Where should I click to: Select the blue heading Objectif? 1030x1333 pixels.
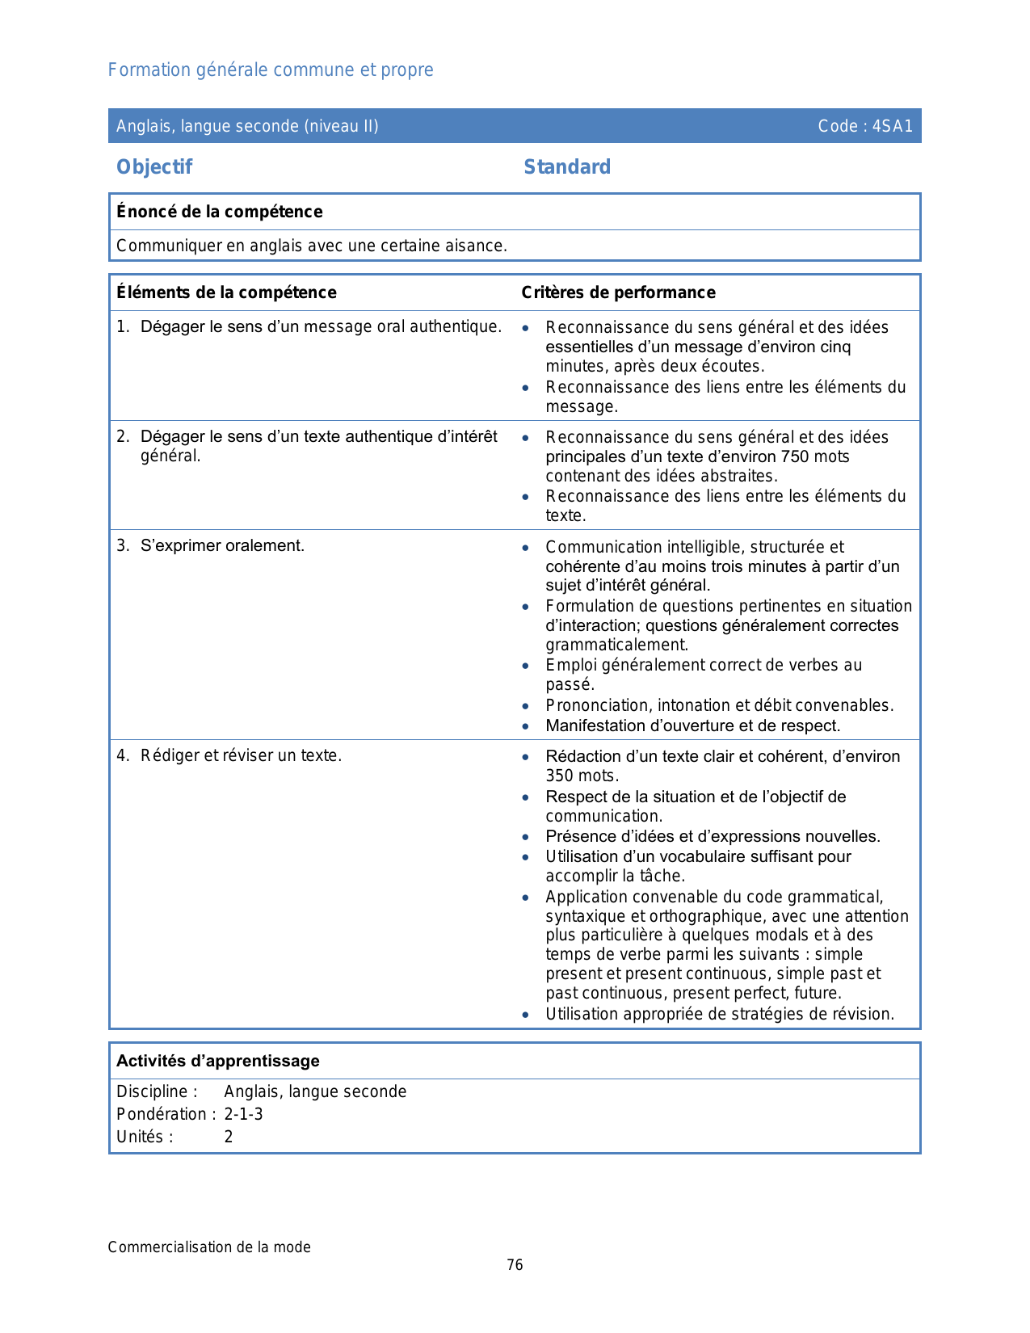coord(154,167)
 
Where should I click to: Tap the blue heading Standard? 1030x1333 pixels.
coord(567,167)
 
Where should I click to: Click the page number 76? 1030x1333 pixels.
coord(515,1265)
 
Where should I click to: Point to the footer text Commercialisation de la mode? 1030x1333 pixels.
coord(209,1247)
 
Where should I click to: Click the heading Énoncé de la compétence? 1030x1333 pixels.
coord(220,212)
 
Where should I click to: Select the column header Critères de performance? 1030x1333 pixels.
coord(618,292)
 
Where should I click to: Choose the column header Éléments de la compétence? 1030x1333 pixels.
coord(226,292)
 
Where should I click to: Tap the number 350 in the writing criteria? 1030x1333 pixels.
coord(559,776)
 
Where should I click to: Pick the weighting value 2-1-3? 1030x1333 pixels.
coord(243,1114)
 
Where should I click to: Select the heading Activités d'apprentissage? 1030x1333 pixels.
coord(218,1061)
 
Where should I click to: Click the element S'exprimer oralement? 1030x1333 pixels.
coord(222,546)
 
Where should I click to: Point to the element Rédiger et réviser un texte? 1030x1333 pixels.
coord(241,756)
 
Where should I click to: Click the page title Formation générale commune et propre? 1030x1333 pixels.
coord(271,70)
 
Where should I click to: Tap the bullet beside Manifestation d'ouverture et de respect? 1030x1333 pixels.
coord(526,726)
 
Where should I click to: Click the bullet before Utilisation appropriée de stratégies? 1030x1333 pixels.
coord(526,1015)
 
